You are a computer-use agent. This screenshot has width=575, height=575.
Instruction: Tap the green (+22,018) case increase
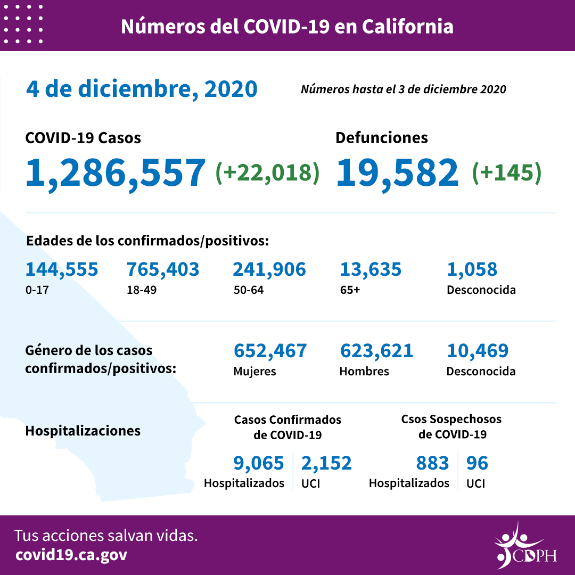267,172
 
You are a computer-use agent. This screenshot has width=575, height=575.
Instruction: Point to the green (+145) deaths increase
507,172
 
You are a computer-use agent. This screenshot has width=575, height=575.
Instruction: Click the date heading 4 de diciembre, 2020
142,89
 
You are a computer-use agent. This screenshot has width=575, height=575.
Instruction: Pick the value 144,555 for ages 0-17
62,269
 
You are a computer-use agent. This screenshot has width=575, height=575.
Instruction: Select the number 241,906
269,269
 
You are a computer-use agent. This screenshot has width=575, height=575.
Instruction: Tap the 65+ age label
350,291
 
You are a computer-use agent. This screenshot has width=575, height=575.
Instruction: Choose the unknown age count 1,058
472,269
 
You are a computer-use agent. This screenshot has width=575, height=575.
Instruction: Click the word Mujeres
254,372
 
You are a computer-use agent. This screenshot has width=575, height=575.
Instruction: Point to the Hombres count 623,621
376,351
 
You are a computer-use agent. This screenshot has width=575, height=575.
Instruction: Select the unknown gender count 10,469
478,351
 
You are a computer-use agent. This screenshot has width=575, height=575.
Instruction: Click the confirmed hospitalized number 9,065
259,463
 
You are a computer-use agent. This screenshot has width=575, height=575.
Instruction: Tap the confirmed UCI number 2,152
326,463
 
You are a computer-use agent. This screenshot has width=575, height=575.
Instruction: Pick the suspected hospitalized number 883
432,463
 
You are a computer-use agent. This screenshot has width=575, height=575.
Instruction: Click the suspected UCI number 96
477,463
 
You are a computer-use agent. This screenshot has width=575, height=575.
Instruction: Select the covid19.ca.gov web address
71,555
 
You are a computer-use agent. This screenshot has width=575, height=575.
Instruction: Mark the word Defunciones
381,138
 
